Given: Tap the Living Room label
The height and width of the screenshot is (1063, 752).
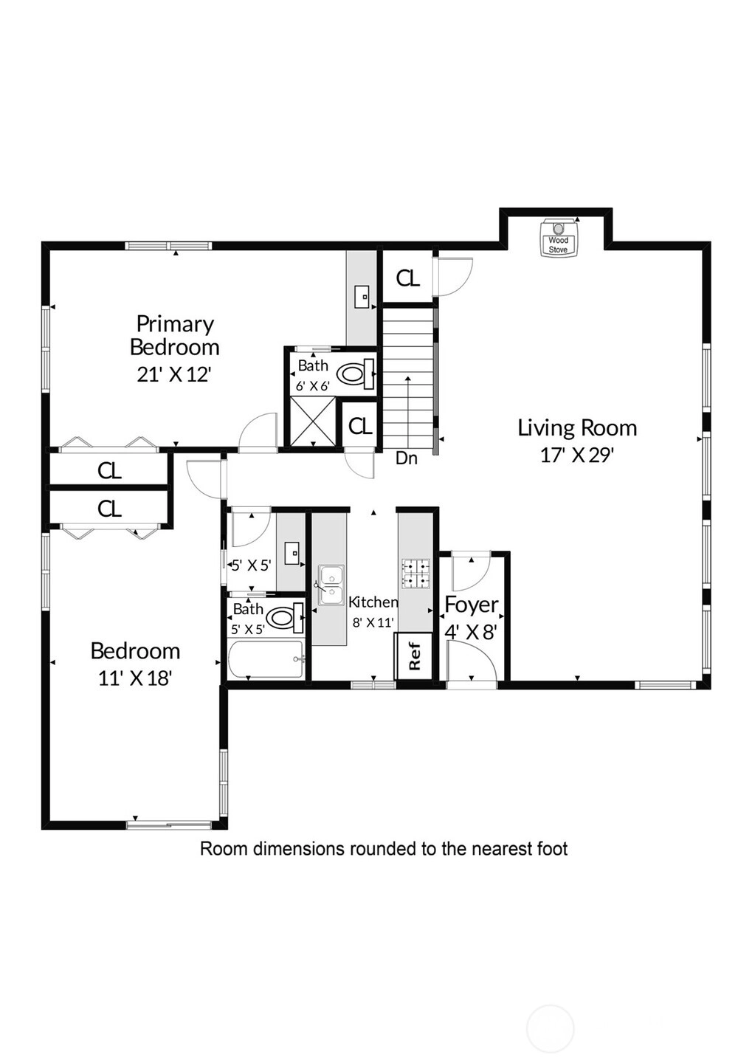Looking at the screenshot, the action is coord(577,427).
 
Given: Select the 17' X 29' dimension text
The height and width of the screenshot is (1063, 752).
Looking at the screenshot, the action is coord(577,455).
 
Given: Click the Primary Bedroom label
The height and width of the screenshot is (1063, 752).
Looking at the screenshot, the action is coord(175,335).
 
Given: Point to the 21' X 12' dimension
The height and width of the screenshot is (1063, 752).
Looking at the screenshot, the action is coord(173,375).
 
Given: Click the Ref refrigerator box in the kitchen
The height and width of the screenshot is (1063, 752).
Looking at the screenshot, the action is coord(414,656).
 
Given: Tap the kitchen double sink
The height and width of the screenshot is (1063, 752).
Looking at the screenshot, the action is coord(331,585).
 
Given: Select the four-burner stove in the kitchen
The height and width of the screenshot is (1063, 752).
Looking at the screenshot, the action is coord(416,574).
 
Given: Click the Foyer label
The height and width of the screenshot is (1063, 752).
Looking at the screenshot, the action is coord(472,605).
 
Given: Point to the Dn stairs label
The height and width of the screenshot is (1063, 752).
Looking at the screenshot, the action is coord(407,458).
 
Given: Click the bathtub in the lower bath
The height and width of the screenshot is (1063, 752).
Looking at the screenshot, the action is coord(266,660).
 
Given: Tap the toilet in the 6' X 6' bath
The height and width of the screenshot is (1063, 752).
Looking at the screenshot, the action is coord(356,374).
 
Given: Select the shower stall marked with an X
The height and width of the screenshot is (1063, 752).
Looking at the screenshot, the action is coord(313,422).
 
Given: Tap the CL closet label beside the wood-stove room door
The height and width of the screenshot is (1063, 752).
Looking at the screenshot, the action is coord(408,278).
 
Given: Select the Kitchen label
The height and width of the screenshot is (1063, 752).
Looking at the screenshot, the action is coord(373,602).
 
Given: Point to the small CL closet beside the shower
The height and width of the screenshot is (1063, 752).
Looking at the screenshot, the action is coord(361,426).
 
